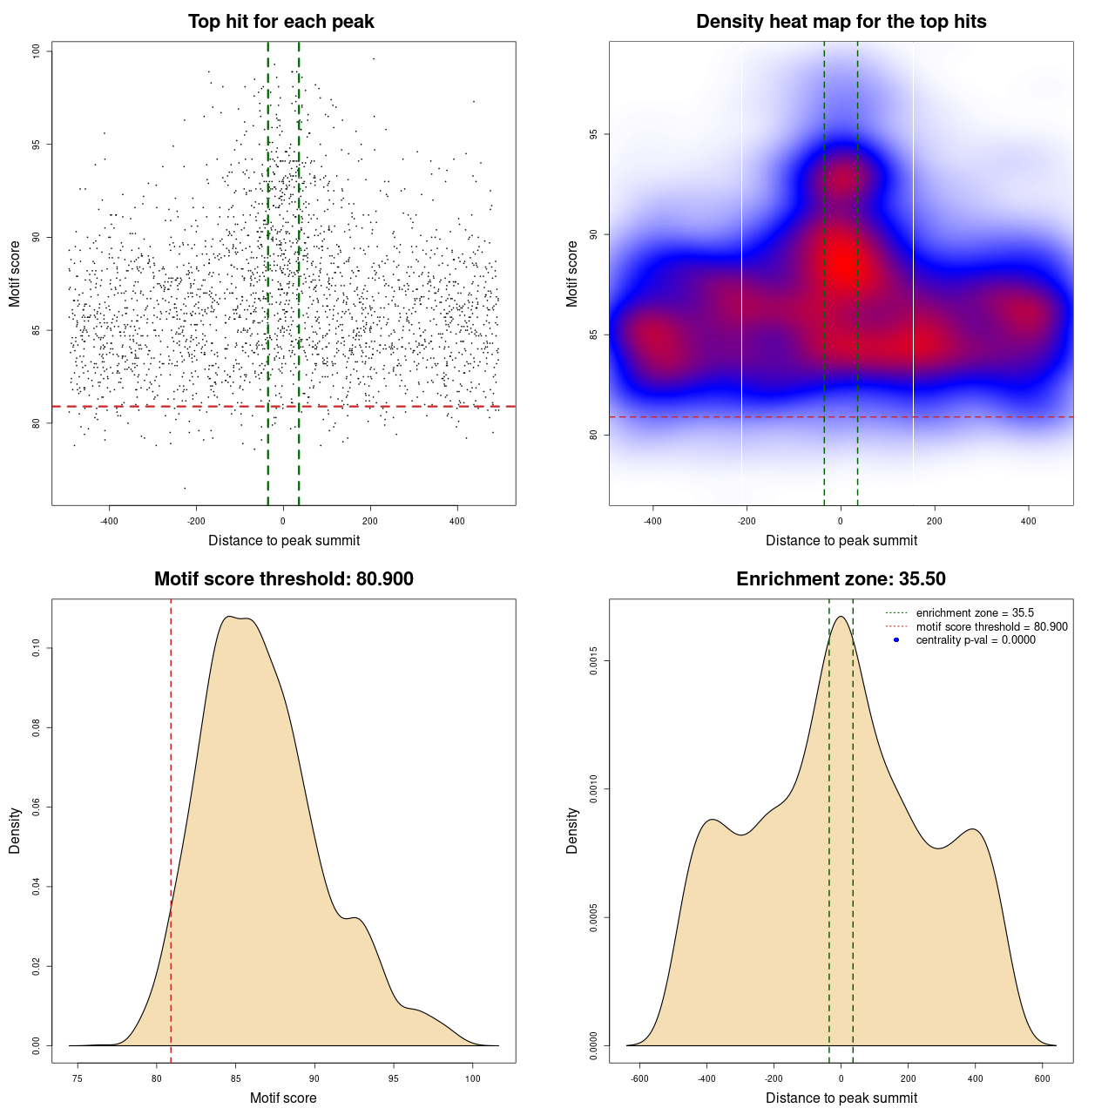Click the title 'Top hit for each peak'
[281, 22]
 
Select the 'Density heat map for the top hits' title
[841, 22]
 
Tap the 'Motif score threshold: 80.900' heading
[283, 579]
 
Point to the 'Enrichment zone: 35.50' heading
[841, 579]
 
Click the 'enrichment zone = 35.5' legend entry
[975, 613]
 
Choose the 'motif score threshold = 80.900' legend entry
[991, 626]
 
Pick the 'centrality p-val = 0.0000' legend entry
[976, 639]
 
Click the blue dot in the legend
[896, 639]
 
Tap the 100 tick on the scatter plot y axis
[37, 51]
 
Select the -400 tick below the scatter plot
[109, 521]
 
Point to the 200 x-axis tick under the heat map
[935, 521]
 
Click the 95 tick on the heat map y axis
[594, 134]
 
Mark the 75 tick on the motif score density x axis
[78, 1078]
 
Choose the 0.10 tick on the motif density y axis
[37, 648]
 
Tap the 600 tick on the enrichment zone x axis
[1043, 1078]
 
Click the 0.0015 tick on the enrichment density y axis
[594, 661]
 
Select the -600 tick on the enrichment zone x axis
[639, 1078]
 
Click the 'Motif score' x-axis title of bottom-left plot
[283, 1098]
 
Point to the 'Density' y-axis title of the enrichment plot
[572, 830]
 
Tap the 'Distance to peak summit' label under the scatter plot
[284, 540]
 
